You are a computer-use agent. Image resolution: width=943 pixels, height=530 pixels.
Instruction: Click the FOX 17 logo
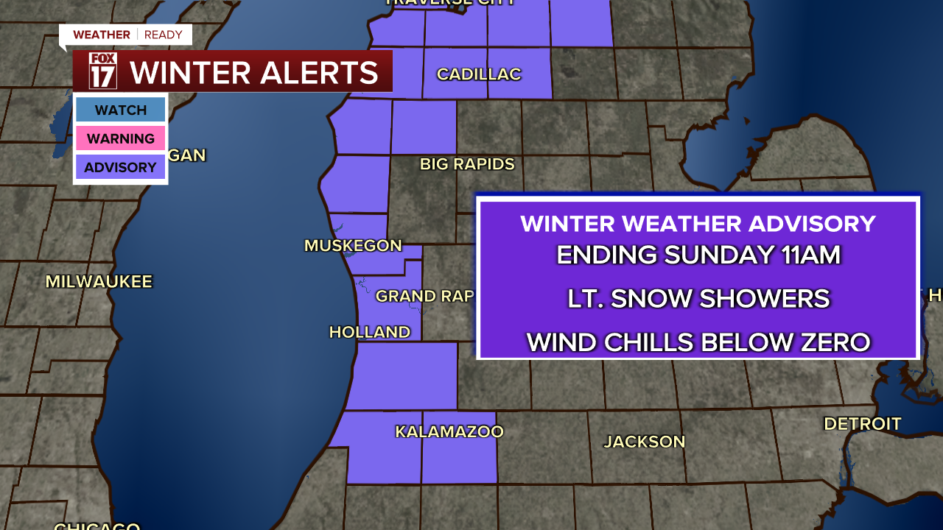tap(103, 71)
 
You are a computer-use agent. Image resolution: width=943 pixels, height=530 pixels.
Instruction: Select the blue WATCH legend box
tap(121, 110)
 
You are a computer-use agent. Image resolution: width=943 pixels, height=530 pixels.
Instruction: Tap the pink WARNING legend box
tap(121, 138)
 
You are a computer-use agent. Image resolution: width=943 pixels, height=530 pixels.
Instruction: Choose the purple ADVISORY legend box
tap(121, 167)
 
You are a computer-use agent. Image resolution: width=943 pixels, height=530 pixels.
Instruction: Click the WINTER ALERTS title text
tap(254, 73)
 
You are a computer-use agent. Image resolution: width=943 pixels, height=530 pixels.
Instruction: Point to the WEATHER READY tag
tap(127, 35)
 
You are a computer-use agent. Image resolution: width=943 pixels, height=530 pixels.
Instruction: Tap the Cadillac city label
tap(479, 74)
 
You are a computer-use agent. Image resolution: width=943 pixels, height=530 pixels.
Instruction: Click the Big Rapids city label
tap(467, 164)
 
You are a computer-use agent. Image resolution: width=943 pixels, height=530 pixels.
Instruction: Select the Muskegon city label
tap(353, 246)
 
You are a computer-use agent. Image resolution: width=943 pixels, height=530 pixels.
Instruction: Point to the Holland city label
tap(369, 333)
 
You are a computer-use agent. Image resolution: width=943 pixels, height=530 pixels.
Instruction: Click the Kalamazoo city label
tap(449, 432)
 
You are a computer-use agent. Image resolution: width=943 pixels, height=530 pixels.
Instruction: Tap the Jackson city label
tap(645, 442)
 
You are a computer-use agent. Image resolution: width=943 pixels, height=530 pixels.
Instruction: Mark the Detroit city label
tap(862, 424)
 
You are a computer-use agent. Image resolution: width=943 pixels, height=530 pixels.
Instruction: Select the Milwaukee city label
tap(99, 282)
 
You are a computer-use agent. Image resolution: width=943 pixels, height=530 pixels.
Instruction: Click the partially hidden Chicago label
tap(97, 526)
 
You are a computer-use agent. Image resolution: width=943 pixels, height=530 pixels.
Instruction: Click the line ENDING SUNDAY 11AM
tap(698, 255)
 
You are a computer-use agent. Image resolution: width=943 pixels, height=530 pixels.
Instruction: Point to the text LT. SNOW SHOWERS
tap(698, 298)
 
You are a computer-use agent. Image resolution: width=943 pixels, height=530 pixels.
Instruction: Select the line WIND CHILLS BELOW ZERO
tap(698, 342)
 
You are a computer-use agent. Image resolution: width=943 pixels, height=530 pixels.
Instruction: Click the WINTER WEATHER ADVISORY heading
tap(698, 224)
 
